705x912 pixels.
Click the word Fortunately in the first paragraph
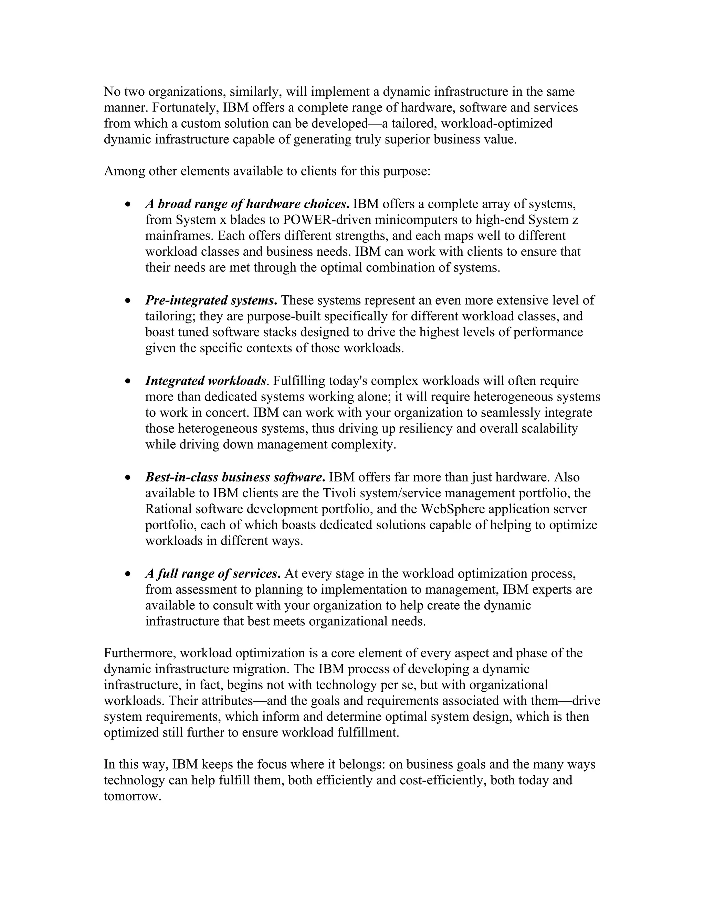pyautogui.click(x=185, y=108)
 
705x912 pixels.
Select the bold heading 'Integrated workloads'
pyautogui.click(x=206, y=381)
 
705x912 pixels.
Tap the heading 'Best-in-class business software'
pyautogui.click(x=235, y=477)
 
